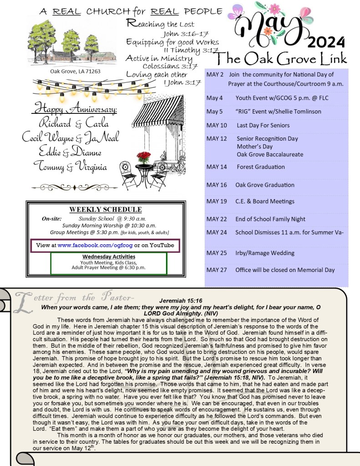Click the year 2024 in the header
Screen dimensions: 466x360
coord(326,42)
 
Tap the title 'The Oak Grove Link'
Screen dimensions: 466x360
coord(282,59)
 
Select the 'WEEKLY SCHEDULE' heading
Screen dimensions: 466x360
coord(105,210)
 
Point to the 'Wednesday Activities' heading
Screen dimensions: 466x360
coord(108,256)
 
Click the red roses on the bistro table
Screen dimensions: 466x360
coord(143,158)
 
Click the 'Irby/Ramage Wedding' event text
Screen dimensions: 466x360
coord(264,253)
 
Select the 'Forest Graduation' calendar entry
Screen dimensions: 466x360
coord(261,167)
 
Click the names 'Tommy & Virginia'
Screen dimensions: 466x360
coord(70,166)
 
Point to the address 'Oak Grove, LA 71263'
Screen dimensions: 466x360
coord(75,72)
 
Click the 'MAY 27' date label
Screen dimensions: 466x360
coord(216,270)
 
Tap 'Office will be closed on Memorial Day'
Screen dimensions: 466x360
coord(285,270)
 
